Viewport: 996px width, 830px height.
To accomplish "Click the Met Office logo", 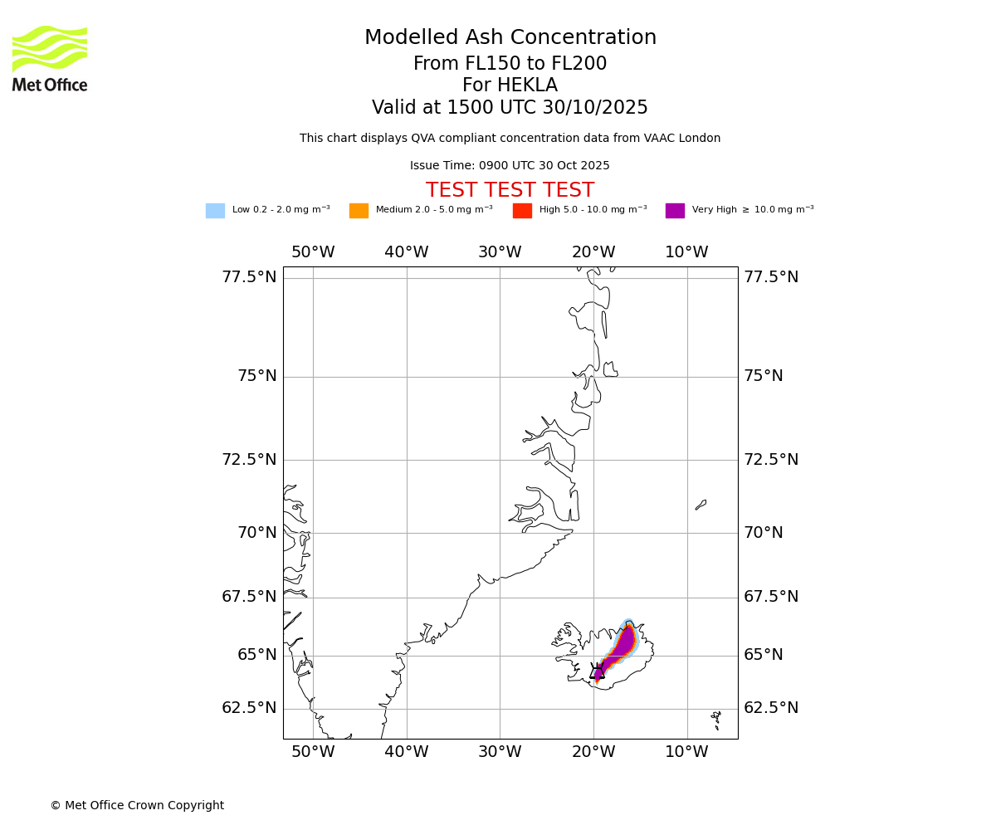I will [50, 58].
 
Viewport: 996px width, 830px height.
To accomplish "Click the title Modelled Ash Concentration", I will [510, 38].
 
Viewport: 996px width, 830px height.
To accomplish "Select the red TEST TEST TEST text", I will [510, 191].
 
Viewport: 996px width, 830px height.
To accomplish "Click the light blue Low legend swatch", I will [215, 211].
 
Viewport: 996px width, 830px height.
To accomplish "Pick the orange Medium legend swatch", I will [359, 211].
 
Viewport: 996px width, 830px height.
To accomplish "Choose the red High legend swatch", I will [522, 211].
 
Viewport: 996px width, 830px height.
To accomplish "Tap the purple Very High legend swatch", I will [675, 211].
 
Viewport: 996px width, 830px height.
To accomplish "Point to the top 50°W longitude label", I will [313, 252].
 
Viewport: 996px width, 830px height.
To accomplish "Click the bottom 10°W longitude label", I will [686, 752].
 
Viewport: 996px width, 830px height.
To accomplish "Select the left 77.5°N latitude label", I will [249, 277].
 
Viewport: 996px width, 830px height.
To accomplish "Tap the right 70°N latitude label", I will [763, 533].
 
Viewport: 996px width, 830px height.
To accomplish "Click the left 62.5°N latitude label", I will [249, 708].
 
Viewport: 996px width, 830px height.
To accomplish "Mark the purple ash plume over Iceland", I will [621, 647].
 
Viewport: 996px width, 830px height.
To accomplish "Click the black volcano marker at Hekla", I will [597, 672].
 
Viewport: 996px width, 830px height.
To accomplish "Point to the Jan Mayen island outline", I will [701, 505].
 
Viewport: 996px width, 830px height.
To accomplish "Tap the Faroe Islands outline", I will [715, 715].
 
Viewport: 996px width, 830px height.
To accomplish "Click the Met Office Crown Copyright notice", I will [137, 806].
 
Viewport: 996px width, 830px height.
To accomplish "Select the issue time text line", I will [510, 166].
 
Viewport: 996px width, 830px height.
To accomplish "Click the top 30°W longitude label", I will [500, 252].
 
